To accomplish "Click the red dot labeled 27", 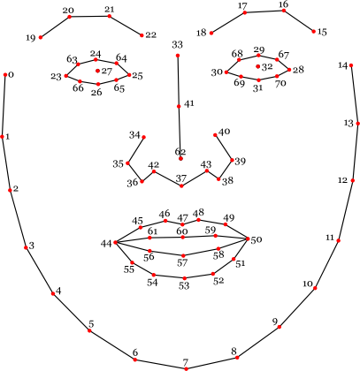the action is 97,71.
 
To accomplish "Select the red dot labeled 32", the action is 258,66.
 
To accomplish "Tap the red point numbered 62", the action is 180,159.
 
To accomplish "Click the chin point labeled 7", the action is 186,368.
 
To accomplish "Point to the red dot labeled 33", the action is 178,56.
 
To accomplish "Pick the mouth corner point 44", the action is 115,242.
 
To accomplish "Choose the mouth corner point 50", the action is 248,238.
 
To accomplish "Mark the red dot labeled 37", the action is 181,185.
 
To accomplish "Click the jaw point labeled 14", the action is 351,65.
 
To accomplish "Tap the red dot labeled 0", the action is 5,75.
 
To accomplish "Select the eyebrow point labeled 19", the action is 41,37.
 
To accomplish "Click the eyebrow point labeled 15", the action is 313,32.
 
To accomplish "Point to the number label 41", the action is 189,103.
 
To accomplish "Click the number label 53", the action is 184,285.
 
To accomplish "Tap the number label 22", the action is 151,35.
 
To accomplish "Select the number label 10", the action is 308,284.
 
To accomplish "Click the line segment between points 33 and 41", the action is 178,81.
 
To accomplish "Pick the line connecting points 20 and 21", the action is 89,17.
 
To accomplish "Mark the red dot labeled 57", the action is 183,255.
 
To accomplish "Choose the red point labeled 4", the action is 53,293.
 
